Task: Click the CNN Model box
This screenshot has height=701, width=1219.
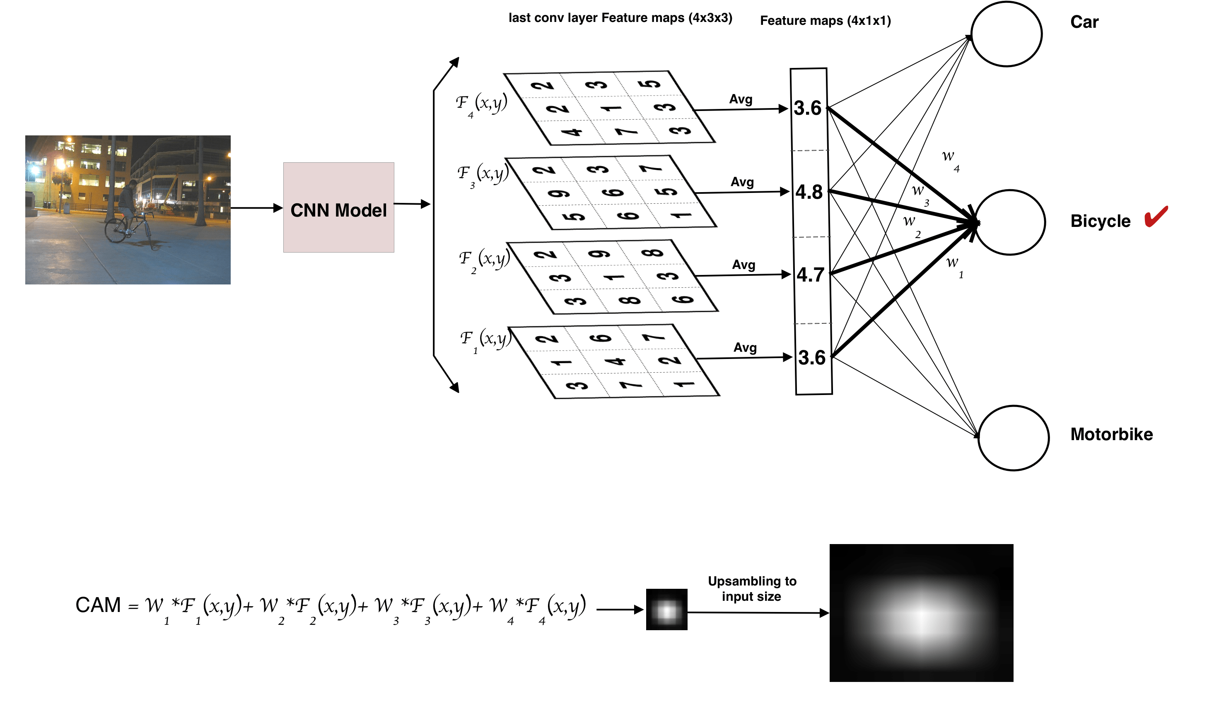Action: [338, 207]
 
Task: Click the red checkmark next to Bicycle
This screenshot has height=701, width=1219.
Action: [1156, 216]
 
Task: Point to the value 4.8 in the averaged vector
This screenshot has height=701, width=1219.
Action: [809, 192]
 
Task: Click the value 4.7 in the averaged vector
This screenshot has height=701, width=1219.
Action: [810, 275]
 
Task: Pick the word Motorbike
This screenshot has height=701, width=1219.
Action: [1111, 434]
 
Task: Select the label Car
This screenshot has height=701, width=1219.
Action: [1084, 22]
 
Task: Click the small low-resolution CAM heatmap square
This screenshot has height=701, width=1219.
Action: [666, 609]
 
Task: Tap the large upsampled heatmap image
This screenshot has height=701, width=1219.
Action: [921, 613]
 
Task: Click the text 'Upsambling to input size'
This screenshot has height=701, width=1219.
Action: [752, 589]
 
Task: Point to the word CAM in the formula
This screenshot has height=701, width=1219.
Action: [98, 605]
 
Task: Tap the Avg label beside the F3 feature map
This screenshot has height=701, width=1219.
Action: [742, 182]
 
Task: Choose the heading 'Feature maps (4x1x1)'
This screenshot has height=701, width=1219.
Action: [825, 21]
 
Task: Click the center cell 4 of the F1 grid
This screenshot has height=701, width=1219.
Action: [615, 361]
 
